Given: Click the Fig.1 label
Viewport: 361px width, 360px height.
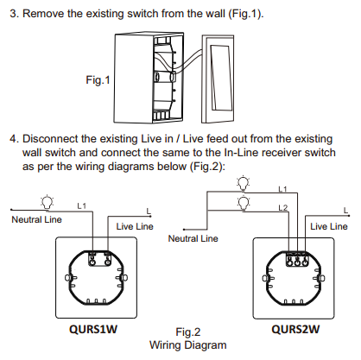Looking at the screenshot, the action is pyautogui.click(x=98, y=79).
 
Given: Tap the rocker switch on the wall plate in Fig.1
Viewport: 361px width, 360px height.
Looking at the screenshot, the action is pyautogui.click(x=219, y=78).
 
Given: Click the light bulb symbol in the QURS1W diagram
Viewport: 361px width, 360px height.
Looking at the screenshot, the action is pyautogui.click(x=47, y=203).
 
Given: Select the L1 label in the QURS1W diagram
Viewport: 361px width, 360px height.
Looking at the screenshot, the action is pyautogui.click(x=82, y=205).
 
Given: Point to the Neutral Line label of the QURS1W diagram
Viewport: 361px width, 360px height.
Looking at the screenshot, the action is pyautogui.click(x=36, y=219).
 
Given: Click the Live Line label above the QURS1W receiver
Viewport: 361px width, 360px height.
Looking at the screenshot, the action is pyautogui.click(x=135, y=226).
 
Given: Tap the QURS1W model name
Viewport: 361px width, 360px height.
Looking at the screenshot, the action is pyautogui.click(x=93, y=329).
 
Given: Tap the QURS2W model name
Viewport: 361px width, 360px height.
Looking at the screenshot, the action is pyautogui.click(x=295, y=329).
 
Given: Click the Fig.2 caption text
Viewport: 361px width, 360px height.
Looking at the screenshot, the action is pyautogui.click(x=188, y=332).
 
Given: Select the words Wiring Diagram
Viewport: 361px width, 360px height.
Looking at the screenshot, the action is pyautogui.click(x=188, y=344).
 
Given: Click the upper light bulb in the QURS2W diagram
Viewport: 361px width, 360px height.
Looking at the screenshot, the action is pyautogui.click(x=244, y=183).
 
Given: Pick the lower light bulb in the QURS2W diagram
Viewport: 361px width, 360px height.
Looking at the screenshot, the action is pyautogui.click(x=244, y=203).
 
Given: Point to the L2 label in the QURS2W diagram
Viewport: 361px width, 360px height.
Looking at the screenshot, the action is pyautogui.click(x=283, y=208).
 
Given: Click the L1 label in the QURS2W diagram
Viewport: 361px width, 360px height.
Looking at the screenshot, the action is pyautogui.click(x=282, y=189).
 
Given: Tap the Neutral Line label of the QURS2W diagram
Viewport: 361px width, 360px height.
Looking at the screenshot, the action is pyautogui.click(x=193, y=238).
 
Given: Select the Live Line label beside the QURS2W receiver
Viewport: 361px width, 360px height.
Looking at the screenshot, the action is pyautogui.click(x=329, y=226).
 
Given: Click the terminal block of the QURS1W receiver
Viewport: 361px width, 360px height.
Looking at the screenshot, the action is pyautogui.click(x=99, y=258).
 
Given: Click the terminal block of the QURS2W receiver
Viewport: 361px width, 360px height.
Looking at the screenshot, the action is pyautogui.click(x=298, y=258).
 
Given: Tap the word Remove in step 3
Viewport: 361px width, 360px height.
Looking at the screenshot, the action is pyautogui.click(x=43, y=14).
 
